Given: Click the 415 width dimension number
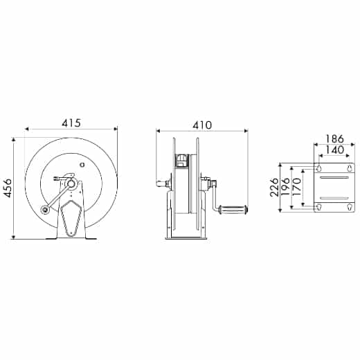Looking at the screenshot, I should pos(71,123).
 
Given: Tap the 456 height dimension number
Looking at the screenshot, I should pos(8,188).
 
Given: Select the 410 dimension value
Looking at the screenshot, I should pos(201,125).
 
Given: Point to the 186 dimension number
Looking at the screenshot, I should pos(334,138).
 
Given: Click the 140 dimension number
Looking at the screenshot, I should pos(334,150).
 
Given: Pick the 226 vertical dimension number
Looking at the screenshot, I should pos(274,188).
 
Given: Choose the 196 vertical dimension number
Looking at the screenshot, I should pos(286,188).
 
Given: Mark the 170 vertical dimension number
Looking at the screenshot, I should pos(298,188).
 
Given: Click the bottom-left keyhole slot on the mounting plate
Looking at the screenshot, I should pos(319,206).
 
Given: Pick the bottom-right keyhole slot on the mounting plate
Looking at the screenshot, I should pos(348,206).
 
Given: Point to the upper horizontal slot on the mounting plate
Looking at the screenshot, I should pos(334,179).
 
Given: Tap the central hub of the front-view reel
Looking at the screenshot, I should pos(71,185).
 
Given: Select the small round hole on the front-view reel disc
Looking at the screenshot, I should pos(82,165).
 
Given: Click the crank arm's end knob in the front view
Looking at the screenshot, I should pos(45,211).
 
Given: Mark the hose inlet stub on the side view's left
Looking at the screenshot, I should pos(161,185).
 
